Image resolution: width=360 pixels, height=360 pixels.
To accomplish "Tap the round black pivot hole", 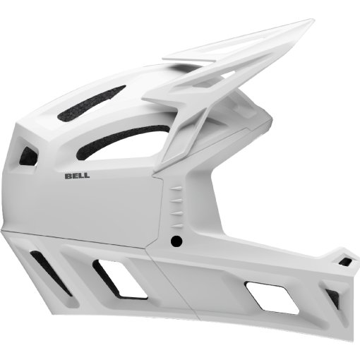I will point(176,241).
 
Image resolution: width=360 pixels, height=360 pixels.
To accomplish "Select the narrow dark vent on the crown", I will point(91,104).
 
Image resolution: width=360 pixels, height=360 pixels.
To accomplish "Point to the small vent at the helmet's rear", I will point(29,155).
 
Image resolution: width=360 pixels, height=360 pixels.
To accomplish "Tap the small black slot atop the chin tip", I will point(345,262).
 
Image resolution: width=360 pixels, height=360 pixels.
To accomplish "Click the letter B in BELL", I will point(67,176).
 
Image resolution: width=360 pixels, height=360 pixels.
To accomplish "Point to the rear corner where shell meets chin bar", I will point(3,230).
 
